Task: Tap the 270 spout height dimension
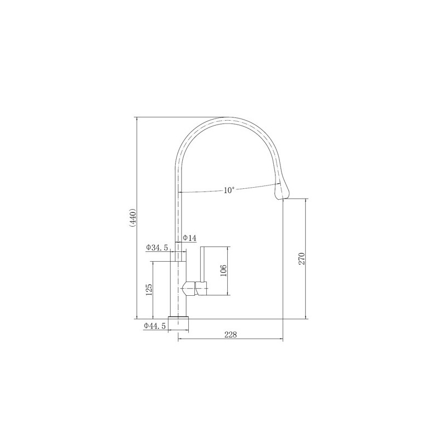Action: click(301, 258)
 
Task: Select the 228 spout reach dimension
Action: click(230, 335)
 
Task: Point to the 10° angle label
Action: click(229, 190)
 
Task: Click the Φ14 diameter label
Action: click(189, 238)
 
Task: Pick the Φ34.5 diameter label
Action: click(157, 247)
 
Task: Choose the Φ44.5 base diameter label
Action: click(155, 326)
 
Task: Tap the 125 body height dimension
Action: click(149, 290)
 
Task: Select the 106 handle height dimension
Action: click(223, 271)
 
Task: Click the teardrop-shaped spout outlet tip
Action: click(282, 190)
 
